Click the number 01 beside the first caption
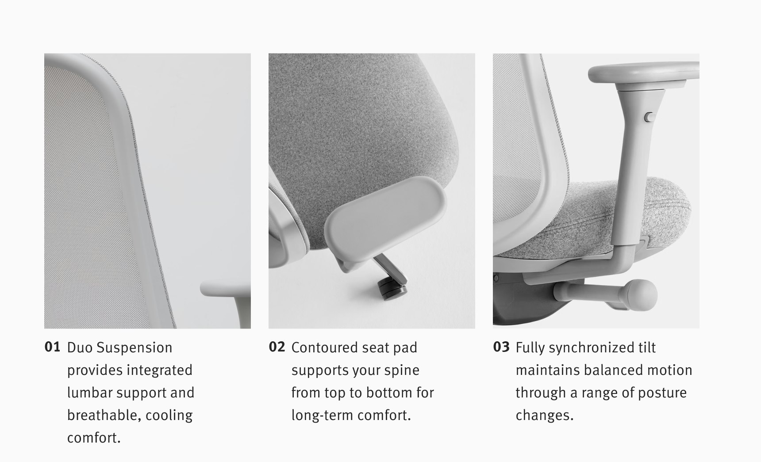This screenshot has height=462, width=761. tap(52, 347)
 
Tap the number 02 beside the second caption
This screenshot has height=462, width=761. tap(277, 347)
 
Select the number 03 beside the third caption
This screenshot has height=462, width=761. tap(501, 347)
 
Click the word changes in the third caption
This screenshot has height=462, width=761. tap(544, 416)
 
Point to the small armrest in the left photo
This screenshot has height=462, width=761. tap(226, 290)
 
